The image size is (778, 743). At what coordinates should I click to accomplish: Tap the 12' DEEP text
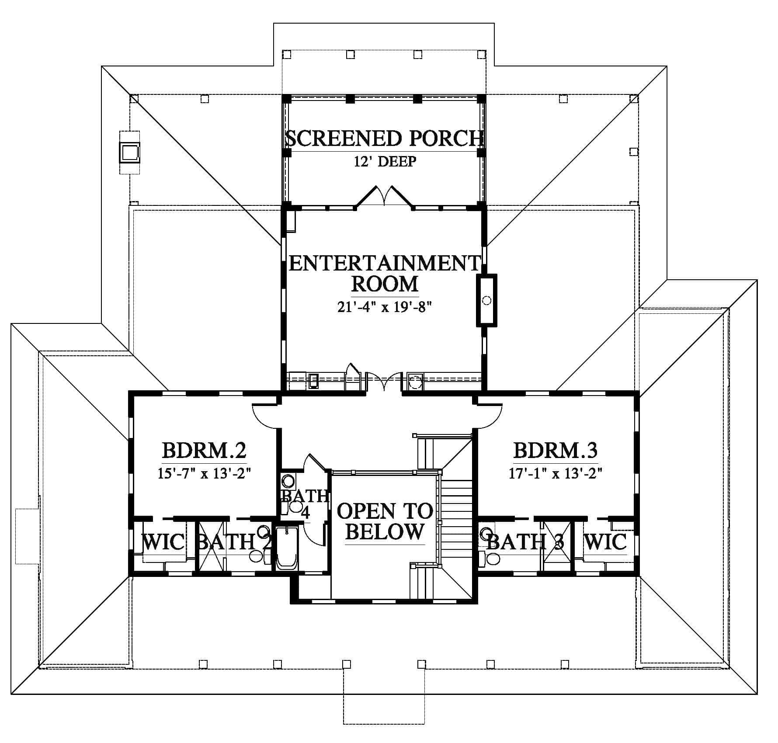385,162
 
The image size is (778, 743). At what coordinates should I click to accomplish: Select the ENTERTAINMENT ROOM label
385,273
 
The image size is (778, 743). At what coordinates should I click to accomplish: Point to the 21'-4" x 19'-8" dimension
385,307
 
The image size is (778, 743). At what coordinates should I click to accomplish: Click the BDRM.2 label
204,450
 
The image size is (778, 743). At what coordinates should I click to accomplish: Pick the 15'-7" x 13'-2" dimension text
204,473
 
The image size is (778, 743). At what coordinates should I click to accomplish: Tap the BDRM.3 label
556,450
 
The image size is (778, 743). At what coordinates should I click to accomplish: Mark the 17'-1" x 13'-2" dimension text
556,473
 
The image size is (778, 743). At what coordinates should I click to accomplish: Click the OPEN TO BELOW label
385,521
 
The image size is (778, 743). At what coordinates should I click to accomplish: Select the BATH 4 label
305,503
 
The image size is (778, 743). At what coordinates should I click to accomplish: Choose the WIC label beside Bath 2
164,542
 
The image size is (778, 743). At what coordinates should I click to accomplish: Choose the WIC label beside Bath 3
605,542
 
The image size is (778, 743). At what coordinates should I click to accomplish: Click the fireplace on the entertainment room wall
486,300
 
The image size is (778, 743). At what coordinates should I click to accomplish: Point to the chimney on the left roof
130,152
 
